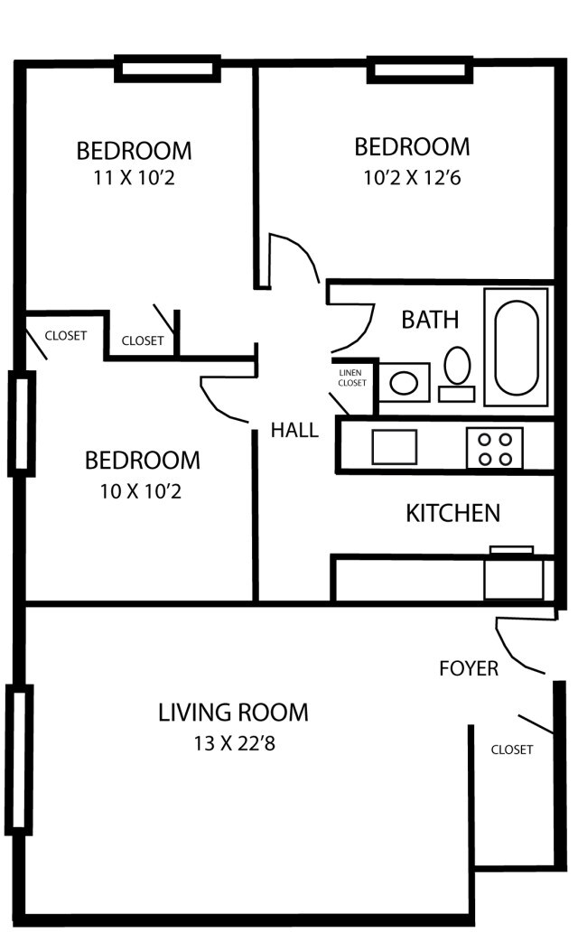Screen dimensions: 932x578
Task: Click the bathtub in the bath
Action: tap(516, 347)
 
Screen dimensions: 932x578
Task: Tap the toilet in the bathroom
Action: tap(457, 368)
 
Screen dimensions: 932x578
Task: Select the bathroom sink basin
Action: tap(404, 382)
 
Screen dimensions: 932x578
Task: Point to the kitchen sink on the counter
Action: tap(394, 447)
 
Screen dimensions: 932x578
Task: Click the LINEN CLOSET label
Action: tap(352, 377)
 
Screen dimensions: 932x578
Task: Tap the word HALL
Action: tap(294, 430)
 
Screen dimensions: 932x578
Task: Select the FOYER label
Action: tap(469, 668)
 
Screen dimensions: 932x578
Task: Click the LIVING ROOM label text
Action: tap(233, 713)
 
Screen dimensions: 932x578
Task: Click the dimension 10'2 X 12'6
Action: tap(412, 178)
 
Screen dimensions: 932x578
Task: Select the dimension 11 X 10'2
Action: tap(134, 179)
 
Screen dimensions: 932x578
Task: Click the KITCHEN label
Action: tap(452, 514)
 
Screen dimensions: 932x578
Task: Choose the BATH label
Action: tap(430, 320)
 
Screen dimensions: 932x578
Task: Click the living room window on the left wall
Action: tap(18, 759)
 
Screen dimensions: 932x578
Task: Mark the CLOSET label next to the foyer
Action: tap(512, 750)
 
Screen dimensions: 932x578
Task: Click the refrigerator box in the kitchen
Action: tap(515, 578)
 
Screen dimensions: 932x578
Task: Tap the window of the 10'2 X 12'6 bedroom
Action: tap(420, 70)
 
